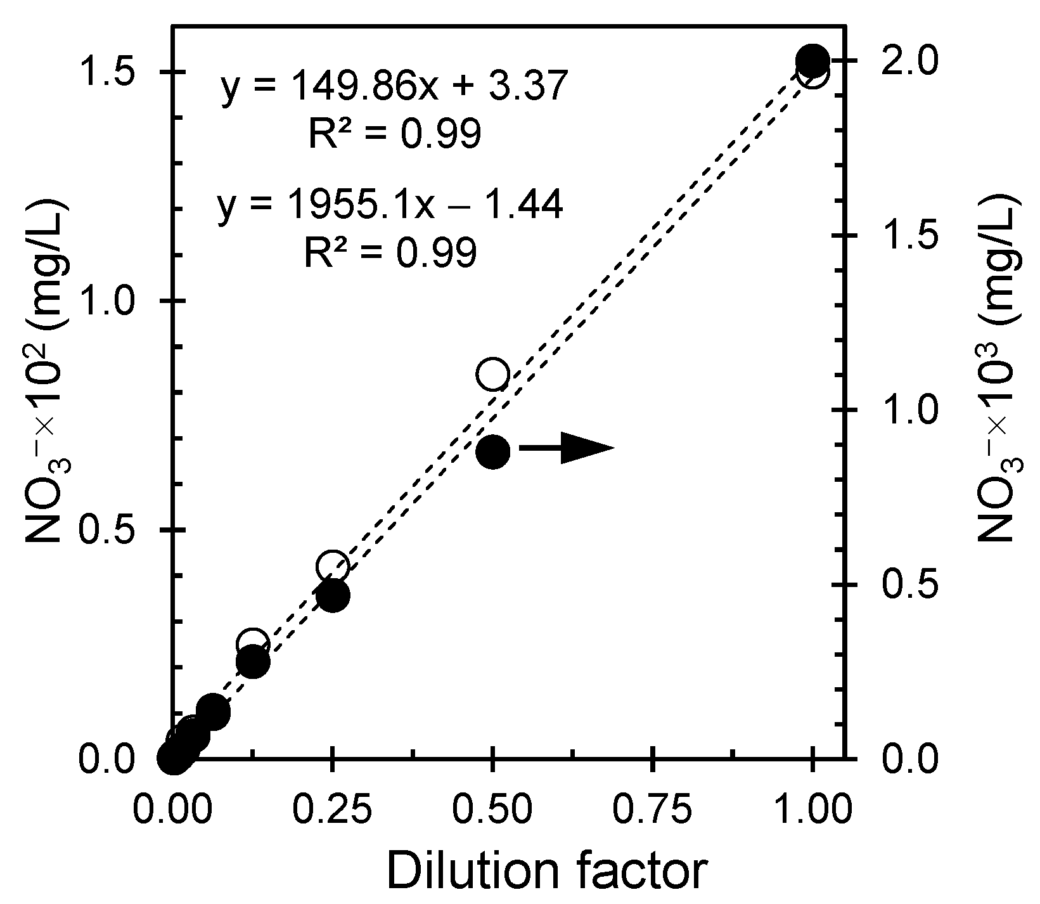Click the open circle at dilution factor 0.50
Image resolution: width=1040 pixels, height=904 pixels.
point(492,374)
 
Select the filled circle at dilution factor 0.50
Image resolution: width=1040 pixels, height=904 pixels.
point(492,451)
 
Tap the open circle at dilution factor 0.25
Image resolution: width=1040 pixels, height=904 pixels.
point(333,566)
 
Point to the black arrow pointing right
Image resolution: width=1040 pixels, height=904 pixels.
point(566,448)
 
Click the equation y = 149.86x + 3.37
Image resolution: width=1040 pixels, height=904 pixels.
point(392,88)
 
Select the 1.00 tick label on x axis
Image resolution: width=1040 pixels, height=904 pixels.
point(813,811)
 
